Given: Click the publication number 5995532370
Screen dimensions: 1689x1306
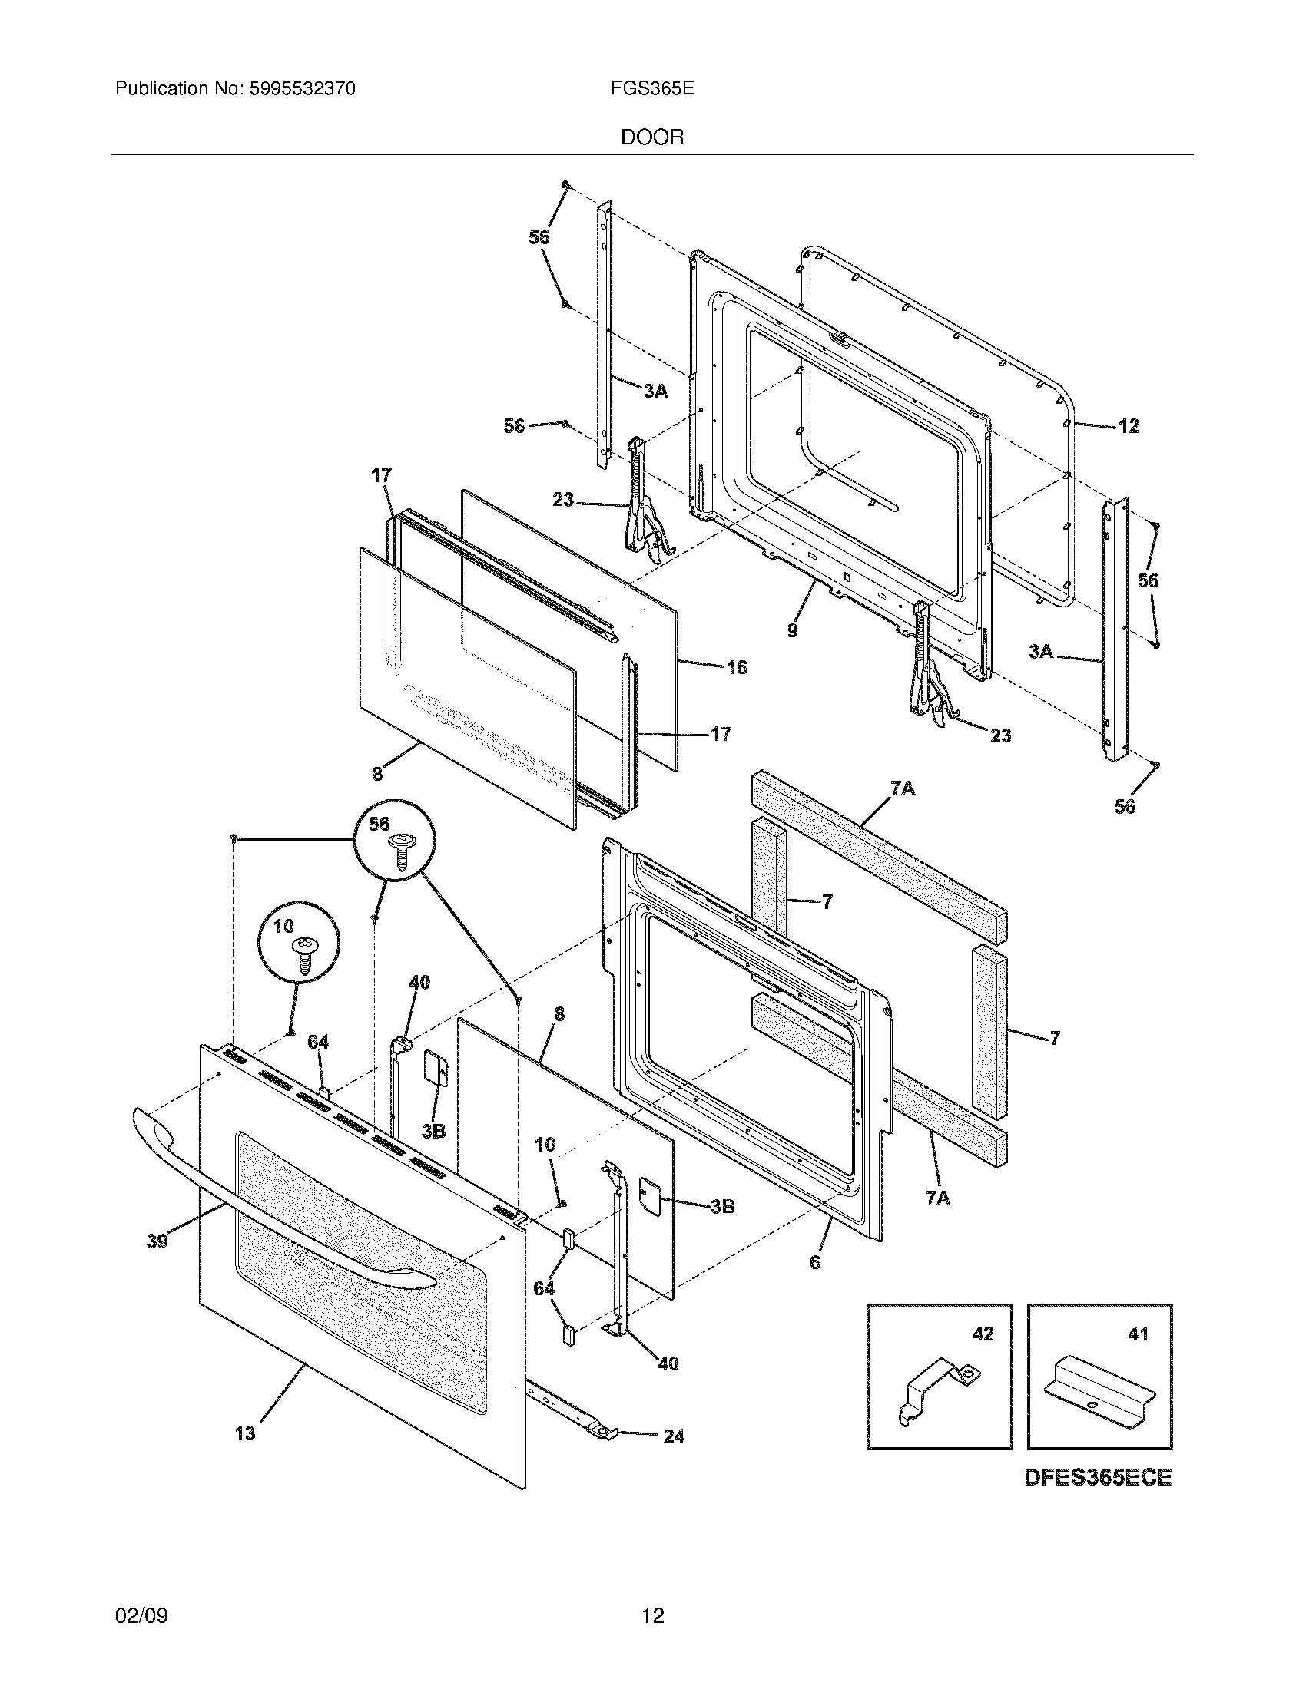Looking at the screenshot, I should (x=301, y=89).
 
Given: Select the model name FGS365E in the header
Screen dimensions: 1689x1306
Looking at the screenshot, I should (x=651, y=89).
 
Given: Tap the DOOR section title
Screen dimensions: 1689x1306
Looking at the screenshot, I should (x=652, y=137).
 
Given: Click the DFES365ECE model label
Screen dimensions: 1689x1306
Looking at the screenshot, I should (x=1098, y=1478).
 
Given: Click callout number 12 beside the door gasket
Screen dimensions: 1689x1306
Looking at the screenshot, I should (x=1129, y=426).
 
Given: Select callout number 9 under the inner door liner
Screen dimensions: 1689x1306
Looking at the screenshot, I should (x=792, y=630).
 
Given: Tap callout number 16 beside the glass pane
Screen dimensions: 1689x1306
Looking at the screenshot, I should (x=737, y=667).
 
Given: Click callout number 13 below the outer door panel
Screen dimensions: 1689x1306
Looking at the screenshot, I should (x=244, y=1434).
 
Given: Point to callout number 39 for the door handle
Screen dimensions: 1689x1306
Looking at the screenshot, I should (x=157, y=1242).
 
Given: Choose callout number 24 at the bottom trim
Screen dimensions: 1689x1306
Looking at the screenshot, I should (x=674, y=1437).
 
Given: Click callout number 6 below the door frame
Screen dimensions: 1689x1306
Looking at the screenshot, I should (x=814, y=1262).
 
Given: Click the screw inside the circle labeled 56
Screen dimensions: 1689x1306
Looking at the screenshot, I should (x=402, y=851).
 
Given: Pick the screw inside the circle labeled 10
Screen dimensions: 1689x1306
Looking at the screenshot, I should (x=304, y=953).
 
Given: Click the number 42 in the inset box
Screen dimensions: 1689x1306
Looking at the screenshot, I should (x=983, y=1334).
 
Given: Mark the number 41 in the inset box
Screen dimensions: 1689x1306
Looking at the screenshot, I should (x=1138, y=1334).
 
